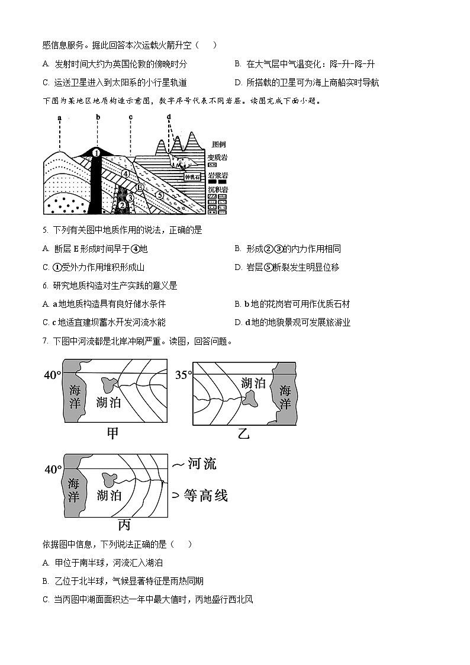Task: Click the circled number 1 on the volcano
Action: (96, 153)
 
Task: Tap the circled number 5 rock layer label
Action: (159, 194)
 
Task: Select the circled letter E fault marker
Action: (140, 187)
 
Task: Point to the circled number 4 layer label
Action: (125, 174)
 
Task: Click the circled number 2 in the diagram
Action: (122, 205)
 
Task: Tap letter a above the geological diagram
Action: (59, 118)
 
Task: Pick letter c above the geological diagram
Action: (130, 118)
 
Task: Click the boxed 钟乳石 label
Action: (193, 176)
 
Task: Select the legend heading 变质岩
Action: (218, 158)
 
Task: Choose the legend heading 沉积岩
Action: (218, 189)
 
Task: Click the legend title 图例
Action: (218, 144)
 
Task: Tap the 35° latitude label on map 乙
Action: (184, 375)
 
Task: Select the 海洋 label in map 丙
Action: (73, 489)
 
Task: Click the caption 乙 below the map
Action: (243, 434)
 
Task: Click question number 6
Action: (46, 285)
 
